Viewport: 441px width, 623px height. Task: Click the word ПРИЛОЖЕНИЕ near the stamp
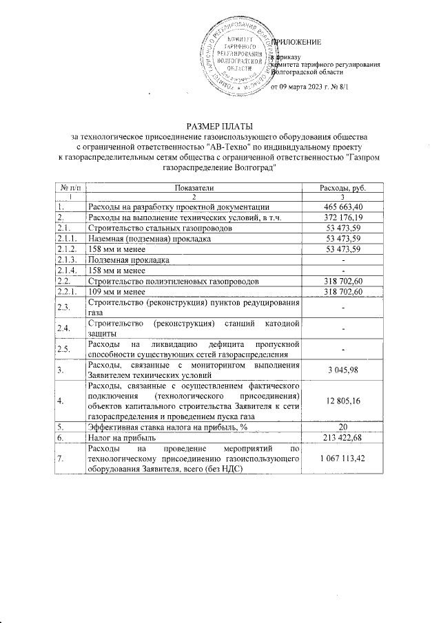click(297, 43)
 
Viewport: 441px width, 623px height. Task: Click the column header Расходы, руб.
click(343, 188)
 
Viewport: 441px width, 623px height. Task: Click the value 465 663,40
click(343, 207)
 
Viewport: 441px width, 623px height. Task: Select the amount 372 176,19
click(343, 217)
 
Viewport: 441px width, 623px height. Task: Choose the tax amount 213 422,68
click(343, 437)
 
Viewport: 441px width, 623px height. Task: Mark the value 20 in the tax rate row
click(343, 427)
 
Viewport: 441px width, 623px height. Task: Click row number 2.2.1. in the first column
click(68, 292)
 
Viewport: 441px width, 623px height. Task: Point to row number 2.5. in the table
click(64, 349)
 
